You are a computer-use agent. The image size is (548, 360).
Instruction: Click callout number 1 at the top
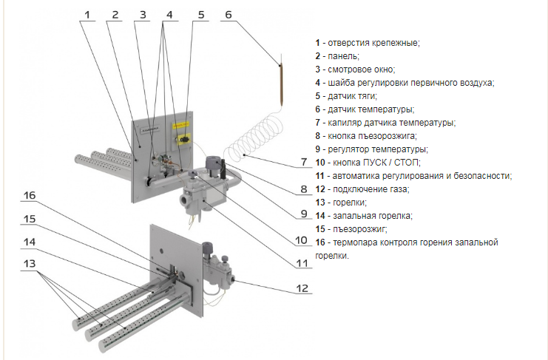click(87, 14)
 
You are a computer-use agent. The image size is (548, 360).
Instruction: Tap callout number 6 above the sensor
click(228, 14)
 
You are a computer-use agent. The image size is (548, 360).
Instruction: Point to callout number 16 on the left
click(30, 196)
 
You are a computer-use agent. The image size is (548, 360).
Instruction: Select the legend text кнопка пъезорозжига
click(371, 136)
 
